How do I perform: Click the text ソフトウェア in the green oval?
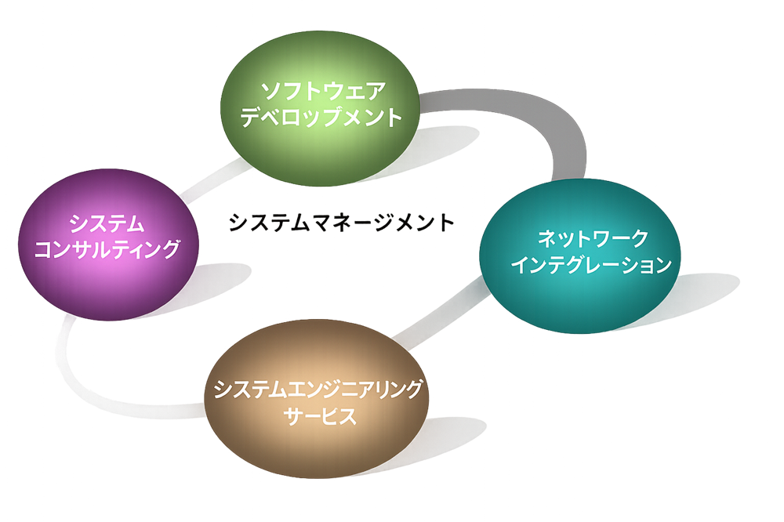322,92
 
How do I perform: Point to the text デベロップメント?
321,118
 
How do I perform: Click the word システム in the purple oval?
107,223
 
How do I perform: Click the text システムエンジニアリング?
318,389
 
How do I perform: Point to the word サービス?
318,416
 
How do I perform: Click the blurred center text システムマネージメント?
341,223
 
